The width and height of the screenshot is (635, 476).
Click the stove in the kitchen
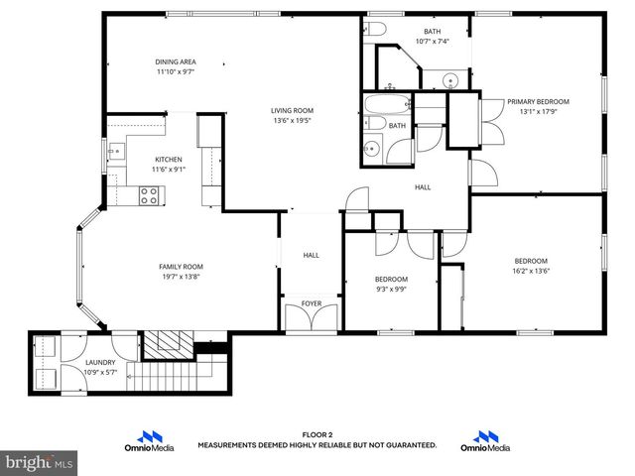[150, 196]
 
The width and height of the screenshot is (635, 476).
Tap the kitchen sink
[115, 152]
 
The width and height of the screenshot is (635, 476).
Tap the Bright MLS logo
[39, 462]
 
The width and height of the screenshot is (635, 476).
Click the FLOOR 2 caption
[317, 435]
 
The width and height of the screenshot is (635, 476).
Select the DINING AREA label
[175, 61]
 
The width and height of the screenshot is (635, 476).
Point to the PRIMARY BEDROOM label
[538, 101]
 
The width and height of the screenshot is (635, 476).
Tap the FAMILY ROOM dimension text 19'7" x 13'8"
[181, 277]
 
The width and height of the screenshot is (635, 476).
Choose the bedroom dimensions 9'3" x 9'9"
[391, 290]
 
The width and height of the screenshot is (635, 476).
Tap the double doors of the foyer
[312, 318]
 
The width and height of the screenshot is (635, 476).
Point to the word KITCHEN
[168, 160]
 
